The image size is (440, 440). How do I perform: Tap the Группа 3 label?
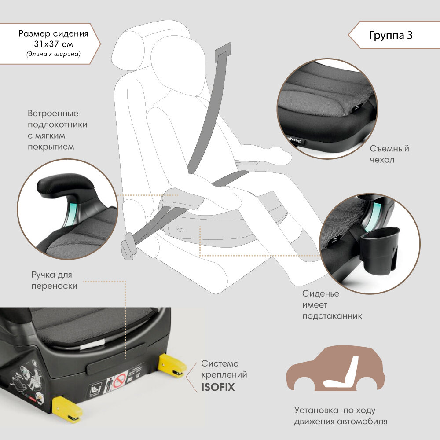[391, 36]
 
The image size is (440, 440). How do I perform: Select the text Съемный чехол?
[389, 154]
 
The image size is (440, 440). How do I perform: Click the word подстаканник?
[332, 316]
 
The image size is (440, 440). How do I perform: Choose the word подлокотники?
[57, 125]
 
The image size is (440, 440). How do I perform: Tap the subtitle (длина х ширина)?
[53, 55]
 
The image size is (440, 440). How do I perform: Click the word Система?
[220, 364]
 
